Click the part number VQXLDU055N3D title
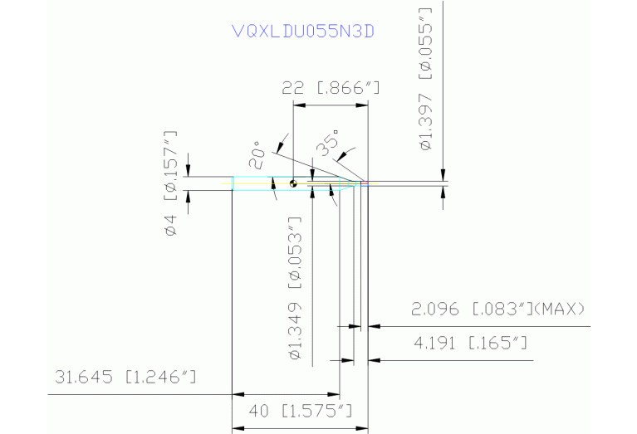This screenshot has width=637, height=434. pos(303,32)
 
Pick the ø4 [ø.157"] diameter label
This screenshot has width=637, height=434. pos(171,183)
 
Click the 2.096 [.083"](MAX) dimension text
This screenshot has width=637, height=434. pos(498,310)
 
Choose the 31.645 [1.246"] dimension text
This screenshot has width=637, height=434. pos(125,378)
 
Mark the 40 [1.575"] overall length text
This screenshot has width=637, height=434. pos(301,411)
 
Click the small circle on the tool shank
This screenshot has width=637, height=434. pos(293,184)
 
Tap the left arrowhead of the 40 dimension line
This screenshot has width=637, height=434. pos(237,428)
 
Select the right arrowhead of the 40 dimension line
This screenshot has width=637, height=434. pos(362,428)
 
